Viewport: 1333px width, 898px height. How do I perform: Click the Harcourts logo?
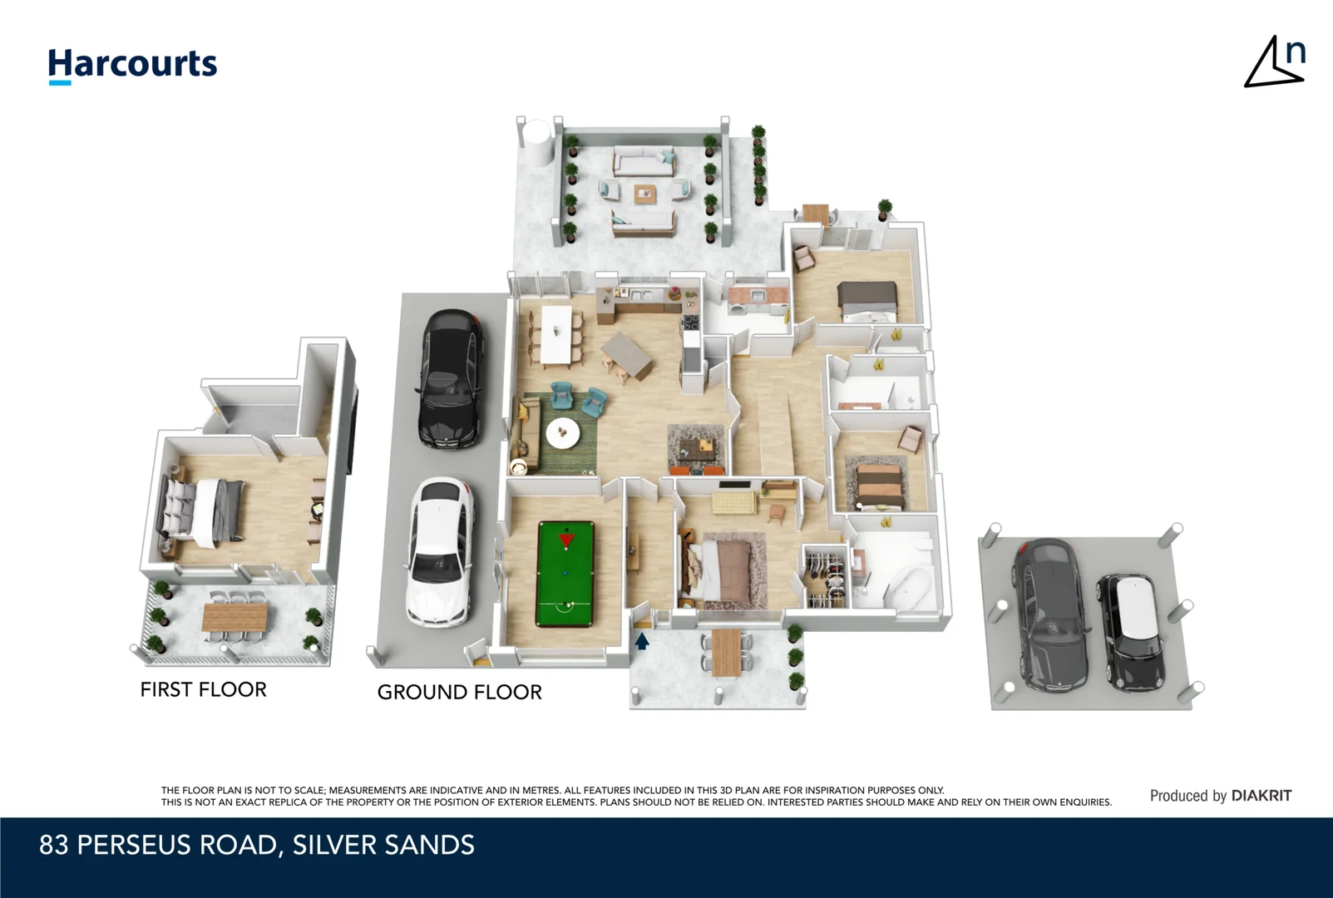point(132,65)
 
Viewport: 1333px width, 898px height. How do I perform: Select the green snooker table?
point(565,574)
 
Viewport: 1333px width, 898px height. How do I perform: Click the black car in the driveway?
point(450,378)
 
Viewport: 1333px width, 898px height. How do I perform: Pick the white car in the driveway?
point(440,550)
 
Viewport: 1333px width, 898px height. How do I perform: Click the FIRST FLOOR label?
point(203,689)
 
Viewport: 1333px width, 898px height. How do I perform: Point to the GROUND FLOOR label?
point(459,692)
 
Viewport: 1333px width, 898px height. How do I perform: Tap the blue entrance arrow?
point(642,641)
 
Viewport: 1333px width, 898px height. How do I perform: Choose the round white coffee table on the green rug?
point(563,432)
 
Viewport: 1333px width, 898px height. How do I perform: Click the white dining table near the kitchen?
point(555,334)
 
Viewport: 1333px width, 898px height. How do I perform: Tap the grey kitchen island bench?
point(627,354)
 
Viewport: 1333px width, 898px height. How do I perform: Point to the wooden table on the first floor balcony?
point(235,617)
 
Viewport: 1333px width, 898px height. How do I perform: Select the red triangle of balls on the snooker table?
point(566,540)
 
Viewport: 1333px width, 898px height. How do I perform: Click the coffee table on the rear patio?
point(645,194)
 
